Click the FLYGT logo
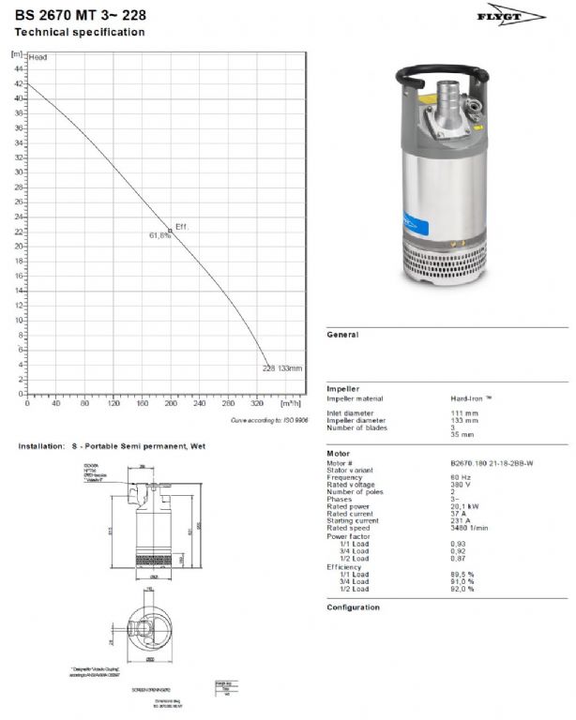click(x=523, y=16)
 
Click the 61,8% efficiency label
click(x=159, y=236)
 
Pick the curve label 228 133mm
click(x=282, y=368)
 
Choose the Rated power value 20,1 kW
click(x=465, y=506)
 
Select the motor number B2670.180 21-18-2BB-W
click(x=493, y=462)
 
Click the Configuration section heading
click(x=353, y=607)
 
